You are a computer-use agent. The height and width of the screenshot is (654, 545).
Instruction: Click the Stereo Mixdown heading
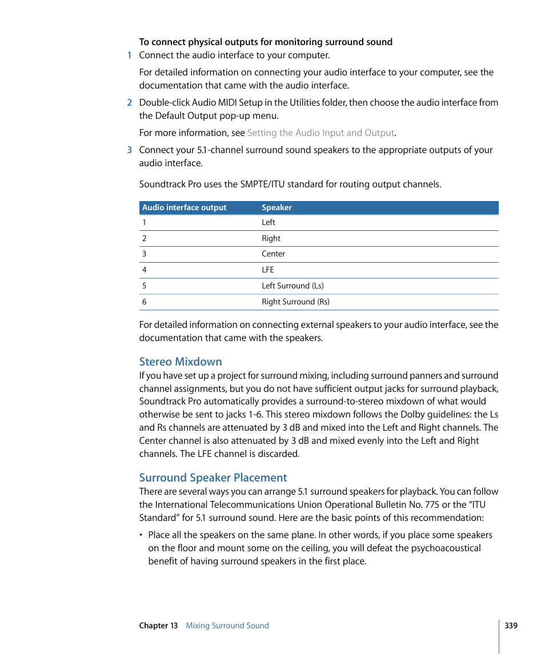(181, 362)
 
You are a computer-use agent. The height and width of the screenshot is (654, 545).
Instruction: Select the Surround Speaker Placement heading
(213, 478)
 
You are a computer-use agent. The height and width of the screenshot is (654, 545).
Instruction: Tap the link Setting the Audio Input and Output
(320, 133)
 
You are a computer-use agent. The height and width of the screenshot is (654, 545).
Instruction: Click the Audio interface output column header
(185, 208)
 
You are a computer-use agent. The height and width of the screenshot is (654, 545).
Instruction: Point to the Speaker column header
(276, 208)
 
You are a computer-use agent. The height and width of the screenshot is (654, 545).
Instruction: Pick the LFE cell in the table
(268, 270)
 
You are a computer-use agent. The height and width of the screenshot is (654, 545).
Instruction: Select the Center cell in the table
(273, 254)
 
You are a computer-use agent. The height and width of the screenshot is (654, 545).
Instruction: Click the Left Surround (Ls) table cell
(292, 286)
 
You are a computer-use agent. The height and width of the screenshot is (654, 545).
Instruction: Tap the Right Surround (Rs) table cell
(295, 302)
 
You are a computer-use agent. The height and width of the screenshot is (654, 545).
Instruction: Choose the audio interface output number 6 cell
(145, 302)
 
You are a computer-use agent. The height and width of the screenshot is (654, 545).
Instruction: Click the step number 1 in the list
(129, 55)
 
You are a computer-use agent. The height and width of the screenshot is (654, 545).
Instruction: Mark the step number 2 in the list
(129, 103)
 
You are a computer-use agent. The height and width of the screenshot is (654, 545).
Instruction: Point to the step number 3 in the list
(129, 150)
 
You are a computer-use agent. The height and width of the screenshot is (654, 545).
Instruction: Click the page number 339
(511, 625)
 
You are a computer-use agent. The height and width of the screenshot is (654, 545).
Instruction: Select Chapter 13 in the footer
(158, 625)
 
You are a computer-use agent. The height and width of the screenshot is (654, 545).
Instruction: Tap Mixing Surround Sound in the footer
(227, 625)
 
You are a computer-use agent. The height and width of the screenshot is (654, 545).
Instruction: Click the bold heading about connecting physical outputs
(266, 42)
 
